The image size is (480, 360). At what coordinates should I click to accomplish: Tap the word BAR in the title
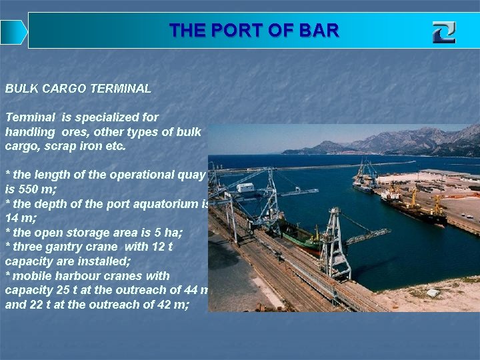(318, 31)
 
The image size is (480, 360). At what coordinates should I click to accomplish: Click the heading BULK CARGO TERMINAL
(78, 88)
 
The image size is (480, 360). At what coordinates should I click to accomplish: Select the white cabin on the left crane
(245, 187)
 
